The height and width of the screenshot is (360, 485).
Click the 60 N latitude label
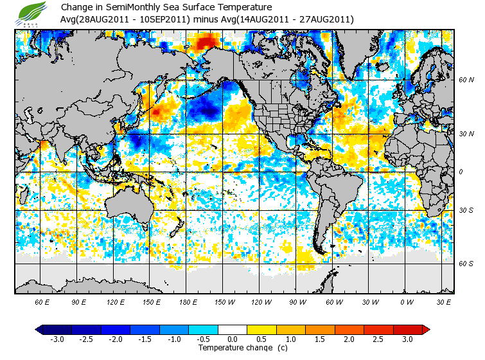pos(466,80)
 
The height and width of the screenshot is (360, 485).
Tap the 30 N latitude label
pos(466,134)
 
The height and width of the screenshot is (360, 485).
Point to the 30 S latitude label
pos(466,210)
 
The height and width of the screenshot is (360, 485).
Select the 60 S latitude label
pos(466,264)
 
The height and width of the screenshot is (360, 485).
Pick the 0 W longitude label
pos(406,302)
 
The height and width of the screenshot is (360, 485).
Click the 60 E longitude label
pos(42,302)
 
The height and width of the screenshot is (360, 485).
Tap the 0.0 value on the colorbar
pos(233,339)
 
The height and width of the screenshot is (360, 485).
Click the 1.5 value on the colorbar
pos(321,339)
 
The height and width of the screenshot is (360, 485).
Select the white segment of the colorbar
pos(233,329)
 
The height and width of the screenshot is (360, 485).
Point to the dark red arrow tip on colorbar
pos(426,329)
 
